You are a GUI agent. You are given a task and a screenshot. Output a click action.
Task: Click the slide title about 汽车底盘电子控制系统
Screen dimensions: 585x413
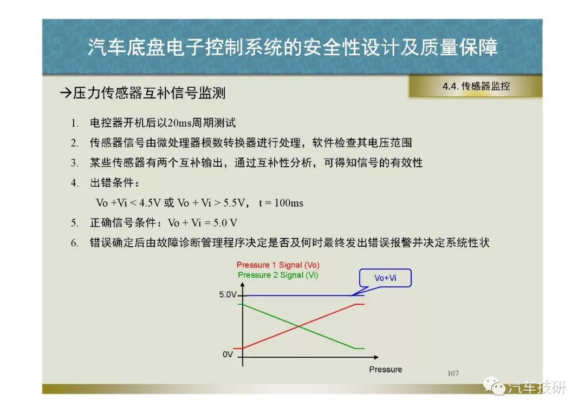click(292, 47)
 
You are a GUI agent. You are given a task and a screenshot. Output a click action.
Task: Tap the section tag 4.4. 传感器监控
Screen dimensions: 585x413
click(476, 86)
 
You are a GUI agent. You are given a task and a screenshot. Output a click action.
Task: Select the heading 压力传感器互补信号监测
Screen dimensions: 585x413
click(149, 93)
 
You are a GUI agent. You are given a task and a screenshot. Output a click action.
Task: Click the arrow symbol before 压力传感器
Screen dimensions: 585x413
click(66, 93)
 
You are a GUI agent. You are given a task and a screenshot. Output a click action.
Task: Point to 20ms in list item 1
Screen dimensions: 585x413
click(179, 123)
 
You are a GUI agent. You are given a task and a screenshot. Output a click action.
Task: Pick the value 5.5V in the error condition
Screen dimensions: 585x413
click(234, 203)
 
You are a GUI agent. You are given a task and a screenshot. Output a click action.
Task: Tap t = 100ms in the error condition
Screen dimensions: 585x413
click(281, 203)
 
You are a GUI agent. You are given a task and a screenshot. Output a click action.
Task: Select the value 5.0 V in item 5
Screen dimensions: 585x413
click(225, 223)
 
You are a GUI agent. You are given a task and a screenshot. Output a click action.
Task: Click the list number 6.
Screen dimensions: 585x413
click(75, 243)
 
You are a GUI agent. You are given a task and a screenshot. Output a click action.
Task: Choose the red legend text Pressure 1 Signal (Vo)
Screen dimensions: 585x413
click(278, 265)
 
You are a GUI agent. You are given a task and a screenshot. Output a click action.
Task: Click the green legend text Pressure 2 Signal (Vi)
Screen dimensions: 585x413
click(278, 275)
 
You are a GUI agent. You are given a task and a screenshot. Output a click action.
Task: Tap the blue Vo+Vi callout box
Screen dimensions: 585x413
click(386, 278)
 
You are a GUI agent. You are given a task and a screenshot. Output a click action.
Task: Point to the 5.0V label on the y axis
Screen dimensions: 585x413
click(227, 294)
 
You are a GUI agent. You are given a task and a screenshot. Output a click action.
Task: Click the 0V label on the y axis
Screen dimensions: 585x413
click(227, 355)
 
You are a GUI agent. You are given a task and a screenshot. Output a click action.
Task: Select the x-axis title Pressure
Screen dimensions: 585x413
click(386, 369)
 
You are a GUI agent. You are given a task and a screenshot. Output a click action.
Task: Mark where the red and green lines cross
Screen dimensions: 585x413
click(299, 326)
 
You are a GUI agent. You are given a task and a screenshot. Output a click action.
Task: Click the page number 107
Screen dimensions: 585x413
click(453, 373)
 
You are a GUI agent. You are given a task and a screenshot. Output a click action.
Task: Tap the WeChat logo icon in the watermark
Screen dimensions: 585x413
click(493, 385)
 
